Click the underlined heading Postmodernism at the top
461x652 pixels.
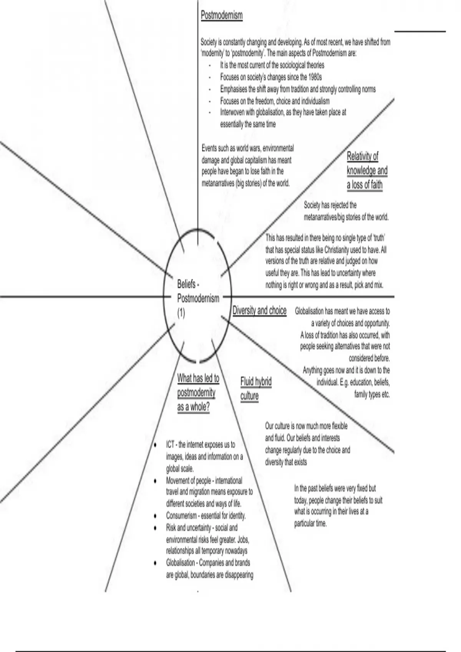222,16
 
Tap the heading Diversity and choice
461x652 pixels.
259,310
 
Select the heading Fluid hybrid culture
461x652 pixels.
256,389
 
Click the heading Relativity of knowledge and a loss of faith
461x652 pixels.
367,171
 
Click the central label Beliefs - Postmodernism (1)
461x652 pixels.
198,298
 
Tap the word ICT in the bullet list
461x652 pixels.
170,445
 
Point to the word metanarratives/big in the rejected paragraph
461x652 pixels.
324,217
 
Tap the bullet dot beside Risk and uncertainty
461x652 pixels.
155,528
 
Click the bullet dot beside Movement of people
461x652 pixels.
155,481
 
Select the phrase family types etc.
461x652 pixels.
371,394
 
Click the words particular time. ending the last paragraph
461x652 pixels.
310,524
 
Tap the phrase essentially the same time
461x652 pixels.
248,124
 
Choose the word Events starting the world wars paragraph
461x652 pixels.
209,148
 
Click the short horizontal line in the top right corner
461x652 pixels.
420,31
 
